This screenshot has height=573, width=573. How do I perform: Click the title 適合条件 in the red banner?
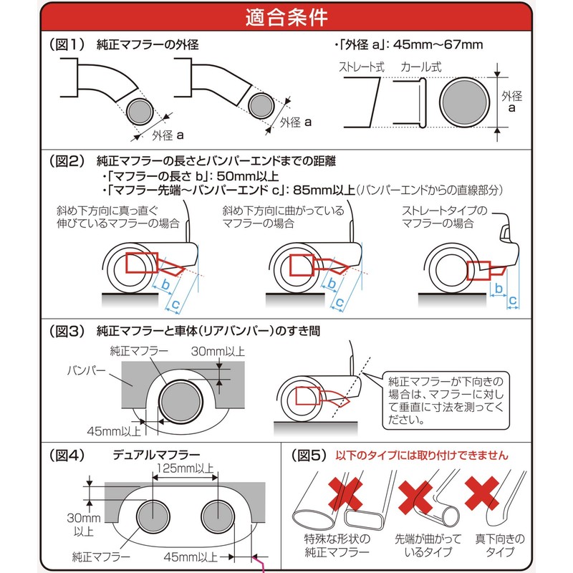pos(286,16)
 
